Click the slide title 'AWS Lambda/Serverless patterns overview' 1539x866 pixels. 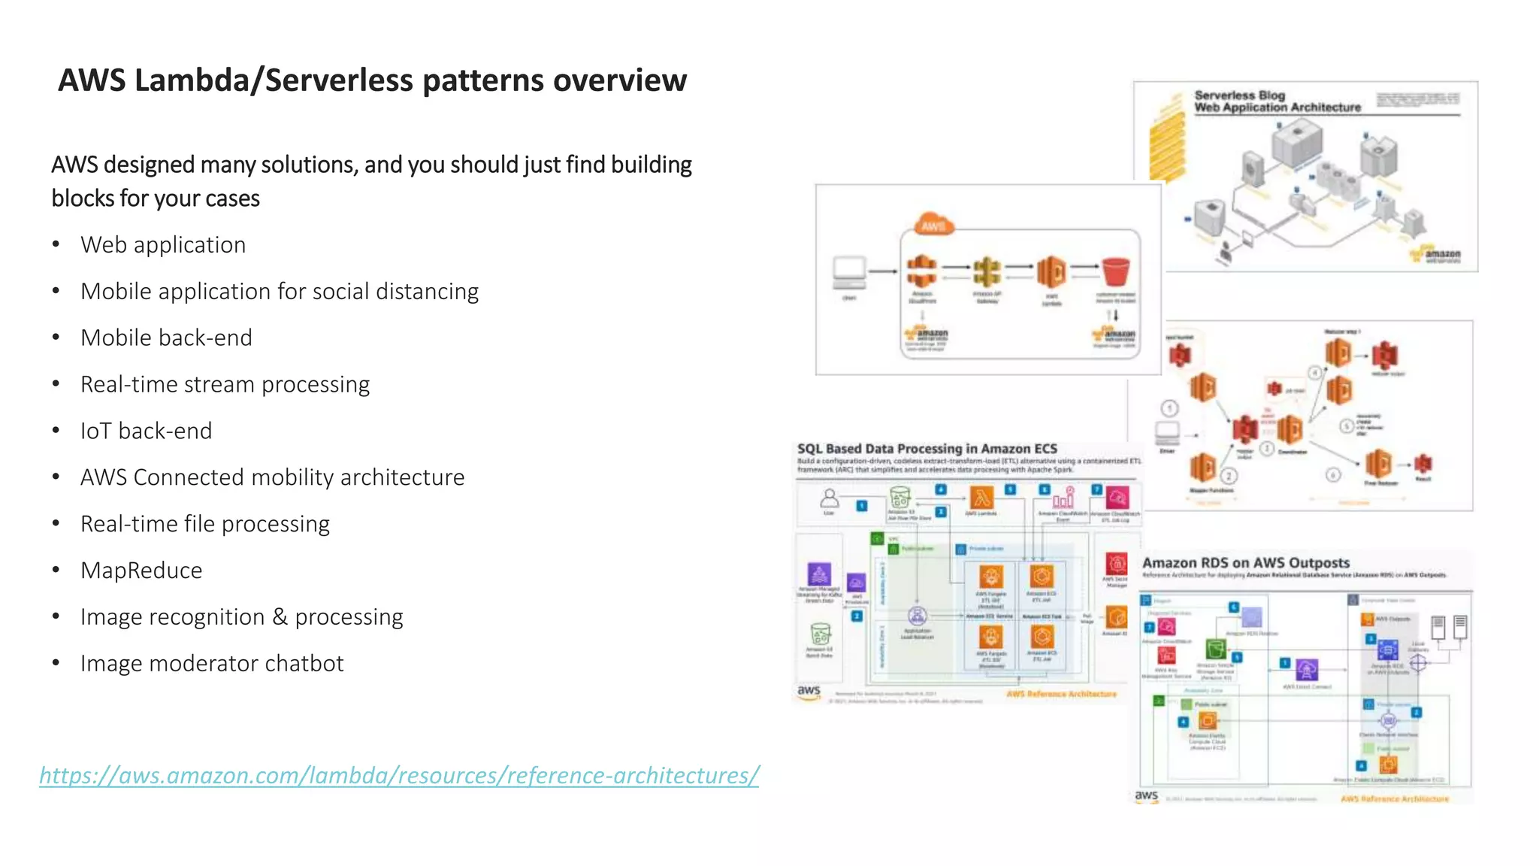tap(372, 80)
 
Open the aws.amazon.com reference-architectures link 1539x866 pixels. tap(399, 775)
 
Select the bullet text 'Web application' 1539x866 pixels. tap(163, 245)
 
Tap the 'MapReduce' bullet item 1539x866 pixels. tap(141, 571)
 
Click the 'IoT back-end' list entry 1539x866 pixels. tap(147, 431)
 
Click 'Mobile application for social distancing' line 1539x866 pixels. tap(279, 292)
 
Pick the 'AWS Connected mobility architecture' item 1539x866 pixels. tap(272, 477)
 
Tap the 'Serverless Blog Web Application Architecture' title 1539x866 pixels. tap(1277, 101)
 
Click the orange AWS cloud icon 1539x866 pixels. tap(933, 225)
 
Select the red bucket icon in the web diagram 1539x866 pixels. tap(1116, 272)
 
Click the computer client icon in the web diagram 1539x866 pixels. tap(850, 272)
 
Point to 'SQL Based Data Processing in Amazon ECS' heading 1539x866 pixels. tap(927, 449)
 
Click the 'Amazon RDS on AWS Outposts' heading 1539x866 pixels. tap(1245, 563)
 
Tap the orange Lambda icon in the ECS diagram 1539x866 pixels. tap(981, 498)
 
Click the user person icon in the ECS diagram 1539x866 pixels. tap(829, 498)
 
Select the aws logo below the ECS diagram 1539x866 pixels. tap(809, 692)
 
